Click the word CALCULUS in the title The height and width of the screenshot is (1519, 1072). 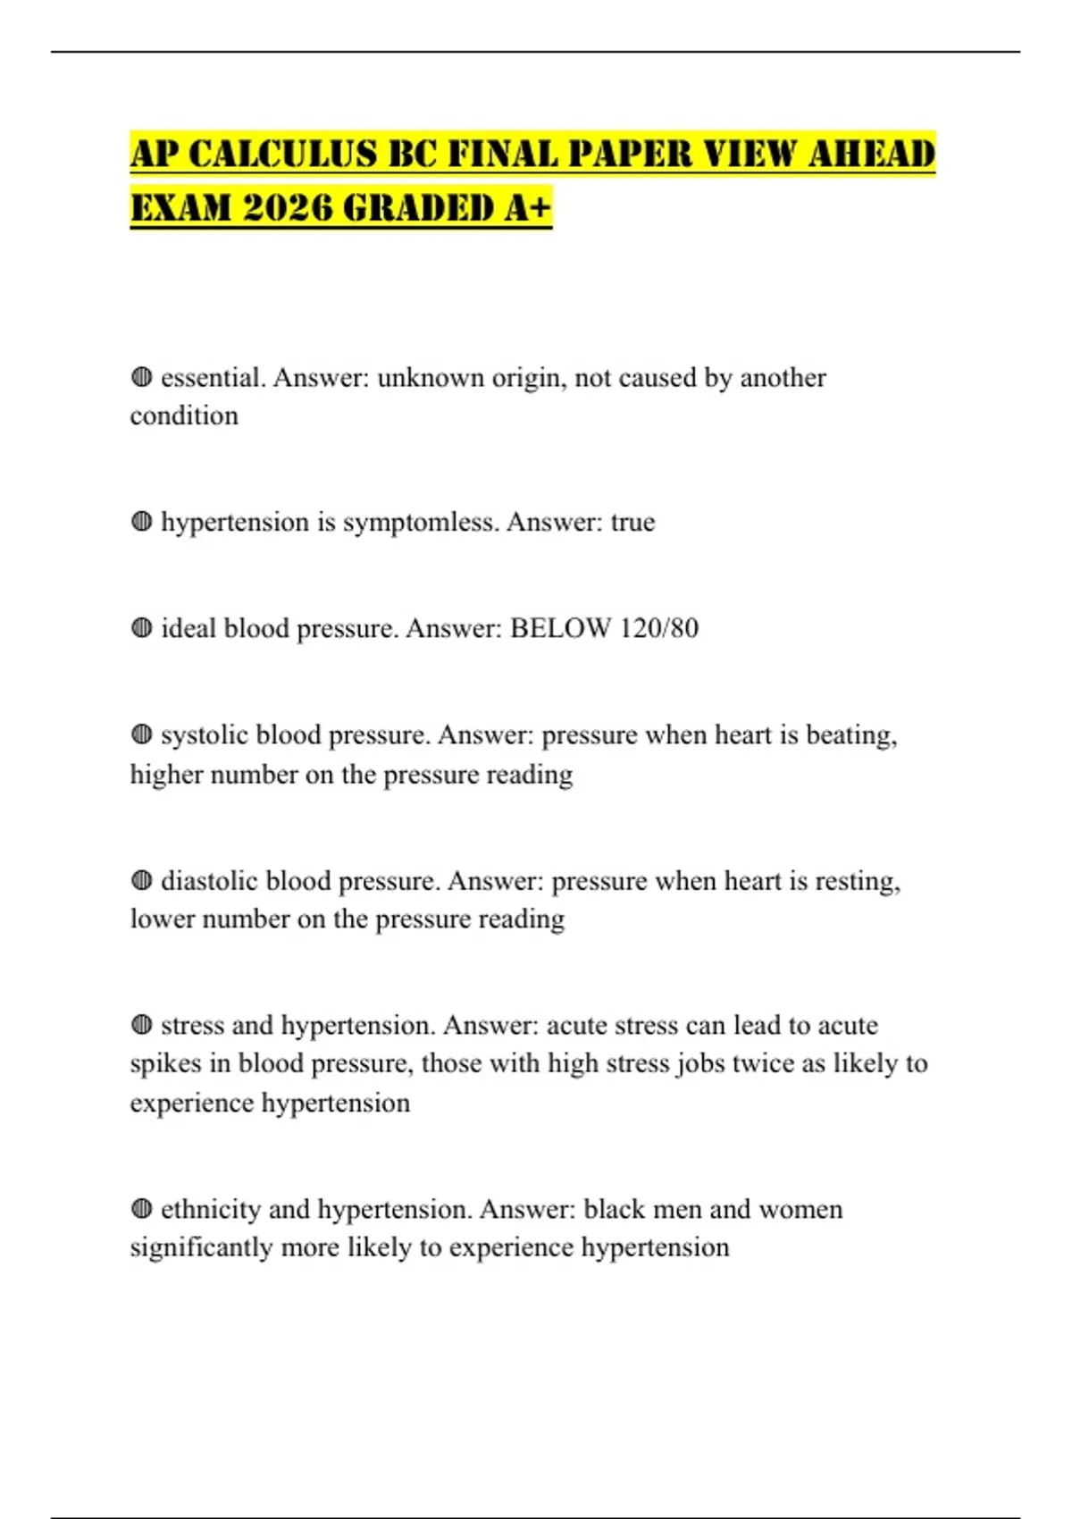pos(281,154)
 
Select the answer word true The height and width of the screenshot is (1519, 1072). pos(632,522)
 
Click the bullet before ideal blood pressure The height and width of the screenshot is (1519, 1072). pos(141,628)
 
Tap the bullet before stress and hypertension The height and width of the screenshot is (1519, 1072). pos(141,1025)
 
